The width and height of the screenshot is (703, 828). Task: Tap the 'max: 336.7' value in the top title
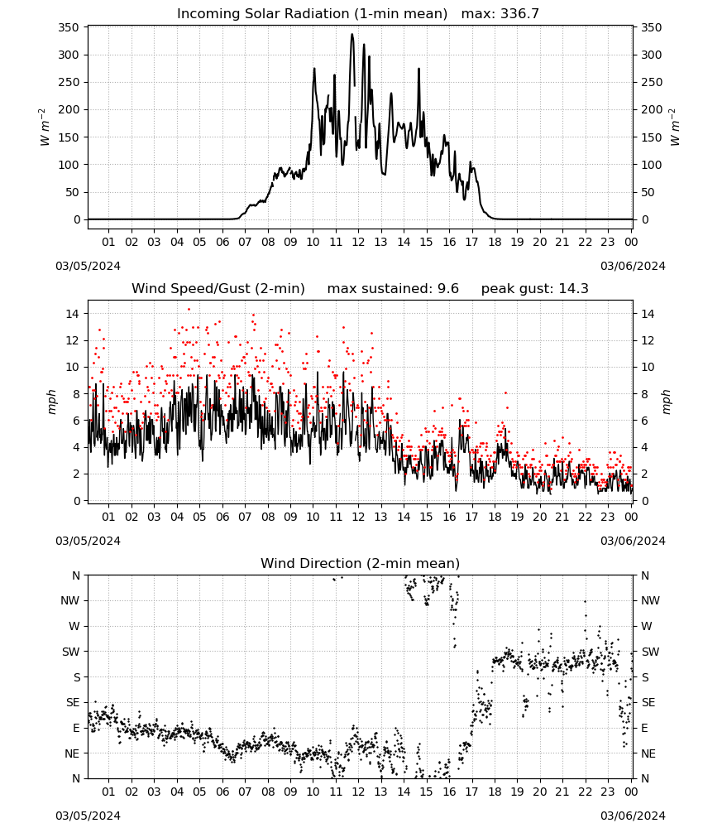click(500, 14)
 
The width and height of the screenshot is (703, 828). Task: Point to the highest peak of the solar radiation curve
click(352, 34)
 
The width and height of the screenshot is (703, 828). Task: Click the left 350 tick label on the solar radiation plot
click(69, 27)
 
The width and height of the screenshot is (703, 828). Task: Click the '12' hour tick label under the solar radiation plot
click(358, 242)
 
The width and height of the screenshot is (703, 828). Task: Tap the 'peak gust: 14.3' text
click(534, 289)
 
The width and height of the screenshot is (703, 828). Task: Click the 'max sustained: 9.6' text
click(393, 289)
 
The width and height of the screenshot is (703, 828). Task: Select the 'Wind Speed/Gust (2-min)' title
click(218, 289)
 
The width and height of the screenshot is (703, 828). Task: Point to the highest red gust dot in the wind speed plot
click(189, 310)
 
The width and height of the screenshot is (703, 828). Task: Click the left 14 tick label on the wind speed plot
click(72, 314)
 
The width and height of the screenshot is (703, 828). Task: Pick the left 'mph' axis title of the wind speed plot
click(51, 402)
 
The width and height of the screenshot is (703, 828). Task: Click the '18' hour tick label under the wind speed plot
click(495, 517)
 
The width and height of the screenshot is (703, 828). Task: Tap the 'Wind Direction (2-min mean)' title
click(360, 563)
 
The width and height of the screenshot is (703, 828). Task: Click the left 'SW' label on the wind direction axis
click(70, 652)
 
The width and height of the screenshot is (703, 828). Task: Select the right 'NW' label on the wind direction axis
click(650, 600)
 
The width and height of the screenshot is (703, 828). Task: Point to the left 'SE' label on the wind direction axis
click(72, 702)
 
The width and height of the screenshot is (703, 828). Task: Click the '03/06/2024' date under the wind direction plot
click(633, 816)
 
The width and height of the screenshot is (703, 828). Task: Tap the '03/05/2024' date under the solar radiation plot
click(88, 266)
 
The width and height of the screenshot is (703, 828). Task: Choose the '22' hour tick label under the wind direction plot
click(585, 792)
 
